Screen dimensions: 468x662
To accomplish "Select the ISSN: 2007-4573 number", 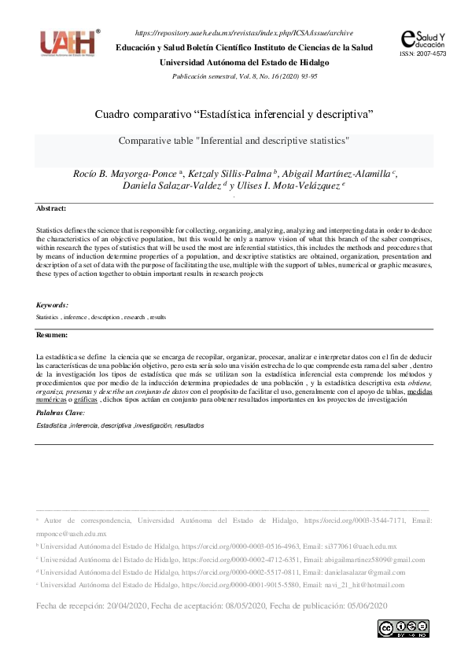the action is coord(423,54).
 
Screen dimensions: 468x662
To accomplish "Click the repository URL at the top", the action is coord(244,33).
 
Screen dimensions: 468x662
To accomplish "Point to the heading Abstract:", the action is coord(51,208).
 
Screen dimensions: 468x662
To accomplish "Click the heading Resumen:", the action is coord(53,335).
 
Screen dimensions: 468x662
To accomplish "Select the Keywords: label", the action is coord(52,304).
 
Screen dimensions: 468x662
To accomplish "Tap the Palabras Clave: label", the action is coord(60,412).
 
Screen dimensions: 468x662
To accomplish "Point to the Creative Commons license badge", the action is coord(403,628).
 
